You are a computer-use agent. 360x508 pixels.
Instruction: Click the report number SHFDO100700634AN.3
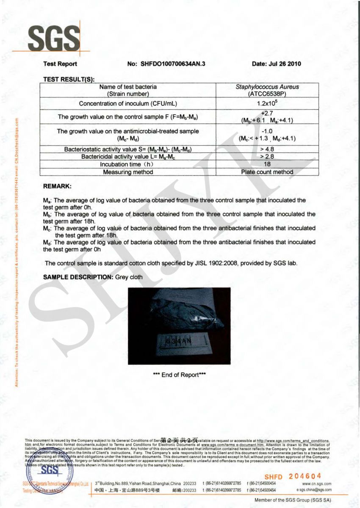coord(169,64)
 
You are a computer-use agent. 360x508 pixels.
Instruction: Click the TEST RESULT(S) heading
coord(69,79)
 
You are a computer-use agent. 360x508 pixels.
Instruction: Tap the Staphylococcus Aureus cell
coord(267,87)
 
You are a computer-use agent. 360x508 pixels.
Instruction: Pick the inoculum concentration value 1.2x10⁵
coord(267,103)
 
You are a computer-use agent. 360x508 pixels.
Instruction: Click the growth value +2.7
coord(267,113)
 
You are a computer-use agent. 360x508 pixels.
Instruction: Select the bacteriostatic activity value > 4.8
coord(267,149)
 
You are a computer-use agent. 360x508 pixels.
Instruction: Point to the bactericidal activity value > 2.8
coord(267,157)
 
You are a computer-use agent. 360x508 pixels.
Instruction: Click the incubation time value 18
coord(267,164)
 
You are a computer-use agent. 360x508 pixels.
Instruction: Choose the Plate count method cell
coord(267,172)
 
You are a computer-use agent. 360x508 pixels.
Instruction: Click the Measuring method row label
coord(128,172)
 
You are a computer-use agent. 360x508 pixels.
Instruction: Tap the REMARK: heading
coord(58,186)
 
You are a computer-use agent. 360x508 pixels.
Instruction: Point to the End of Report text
coord(179,375)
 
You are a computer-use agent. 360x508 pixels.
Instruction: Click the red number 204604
coord(305,476)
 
